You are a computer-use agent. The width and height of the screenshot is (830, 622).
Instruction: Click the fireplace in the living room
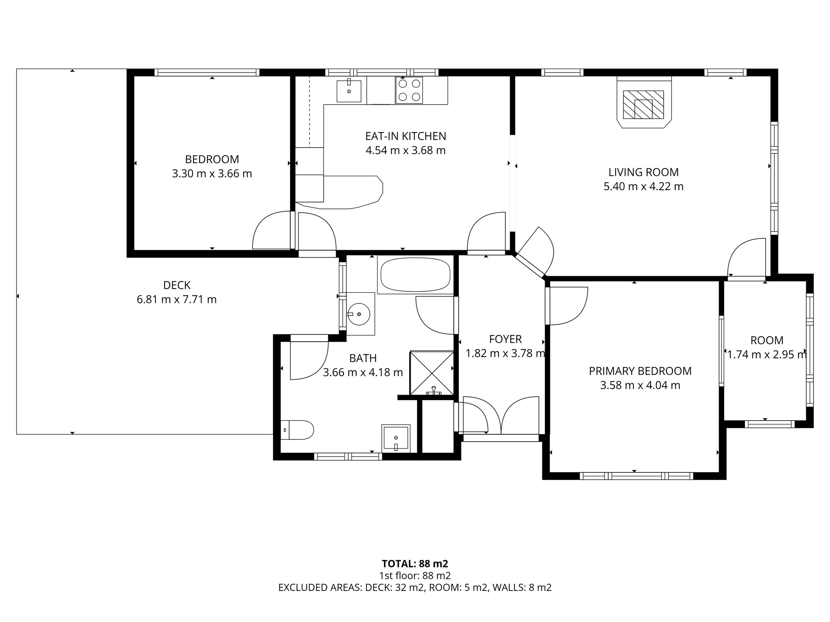644,102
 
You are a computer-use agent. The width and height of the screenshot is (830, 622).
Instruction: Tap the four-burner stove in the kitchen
409,90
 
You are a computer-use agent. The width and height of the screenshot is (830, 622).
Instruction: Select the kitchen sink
349,91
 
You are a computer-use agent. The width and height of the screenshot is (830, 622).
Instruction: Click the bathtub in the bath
415,275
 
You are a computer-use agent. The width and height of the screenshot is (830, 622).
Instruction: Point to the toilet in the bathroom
297,430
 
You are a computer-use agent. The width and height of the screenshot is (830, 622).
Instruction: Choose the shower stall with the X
432,373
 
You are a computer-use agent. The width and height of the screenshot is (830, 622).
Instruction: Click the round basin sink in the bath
359,314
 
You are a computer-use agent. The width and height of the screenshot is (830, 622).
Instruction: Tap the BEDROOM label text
212,159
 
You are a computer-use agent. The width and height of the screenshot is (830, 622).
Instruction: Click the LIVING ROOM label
644,172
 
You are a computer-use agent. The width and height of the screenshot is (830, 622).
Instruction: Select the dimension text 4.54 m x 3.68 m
406,150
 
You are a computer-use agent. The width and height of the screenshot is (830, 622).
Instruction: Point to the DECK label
177,285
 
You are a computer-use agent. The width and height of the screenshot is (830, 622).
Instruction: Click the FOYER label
505,339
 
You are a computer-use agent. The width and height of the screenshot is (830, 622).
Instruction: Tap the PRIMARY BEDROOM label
640,371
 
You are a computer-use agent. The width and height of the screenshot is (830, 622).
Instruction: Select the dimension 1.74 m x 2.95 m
767,354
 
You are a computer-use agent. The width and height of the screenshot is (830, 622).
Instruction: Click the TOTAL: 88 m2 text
415,564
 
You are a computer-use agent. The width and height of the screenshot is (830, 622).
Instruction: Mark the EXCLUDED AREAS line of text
415,587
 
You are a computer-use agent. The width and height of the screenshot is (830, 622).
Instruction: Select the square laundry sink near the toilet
396,438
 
